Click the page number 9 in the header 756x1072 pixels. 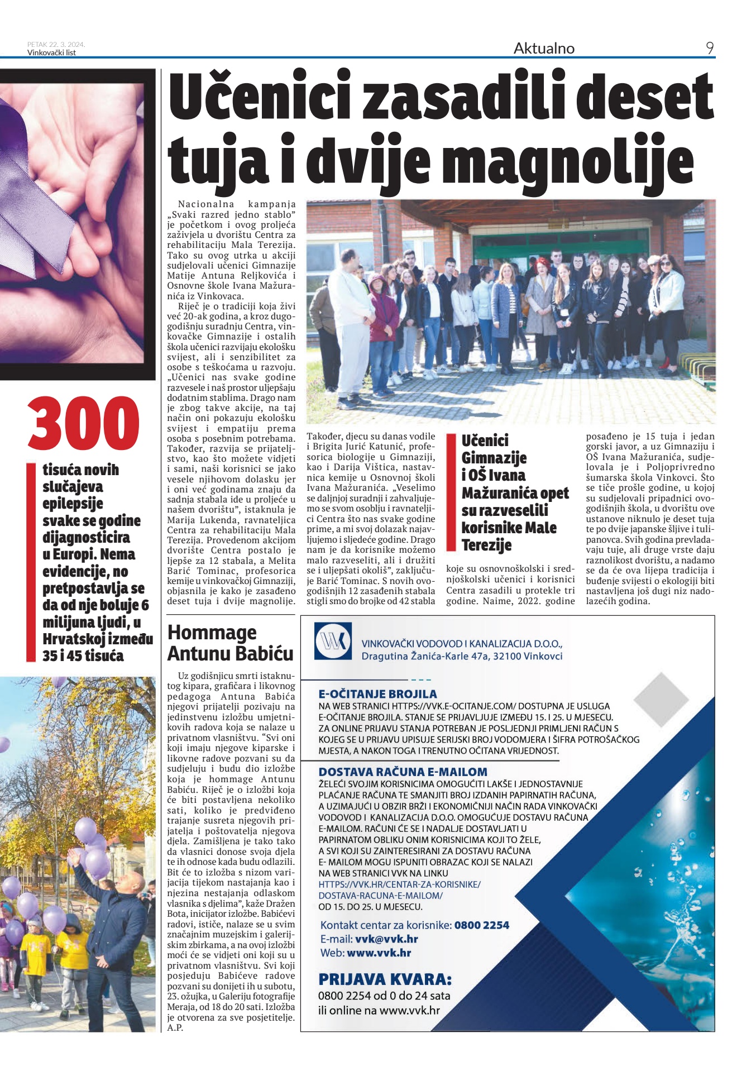tap(709, 49)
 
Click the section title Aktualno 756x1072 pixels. tap(544, 49)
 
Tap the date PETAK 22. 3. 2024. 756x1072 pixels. tap(56, 45)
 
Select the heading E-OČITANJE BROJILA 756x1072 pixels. tap(377, 694)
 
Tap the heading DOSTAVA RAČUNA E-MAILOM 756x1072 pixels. tap(403, 772)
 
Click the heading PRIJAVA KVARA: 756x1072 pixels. tap(385, 979)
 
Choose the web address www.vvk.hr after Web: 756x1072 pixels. tap(379, 953)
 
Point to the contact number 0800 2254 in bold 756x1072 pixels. tap(481, 925)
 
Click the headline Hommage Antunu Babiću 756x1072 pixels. tap(230, 643)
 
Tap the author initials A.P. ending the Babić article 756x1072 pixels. tap(175, 1027)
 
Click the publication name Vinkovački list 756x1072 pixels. tap(51, 53)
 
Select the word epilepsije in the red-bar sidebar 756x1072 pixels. tap(73, 504)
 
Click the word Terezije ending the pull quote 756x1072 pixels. tap(486, 545)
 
